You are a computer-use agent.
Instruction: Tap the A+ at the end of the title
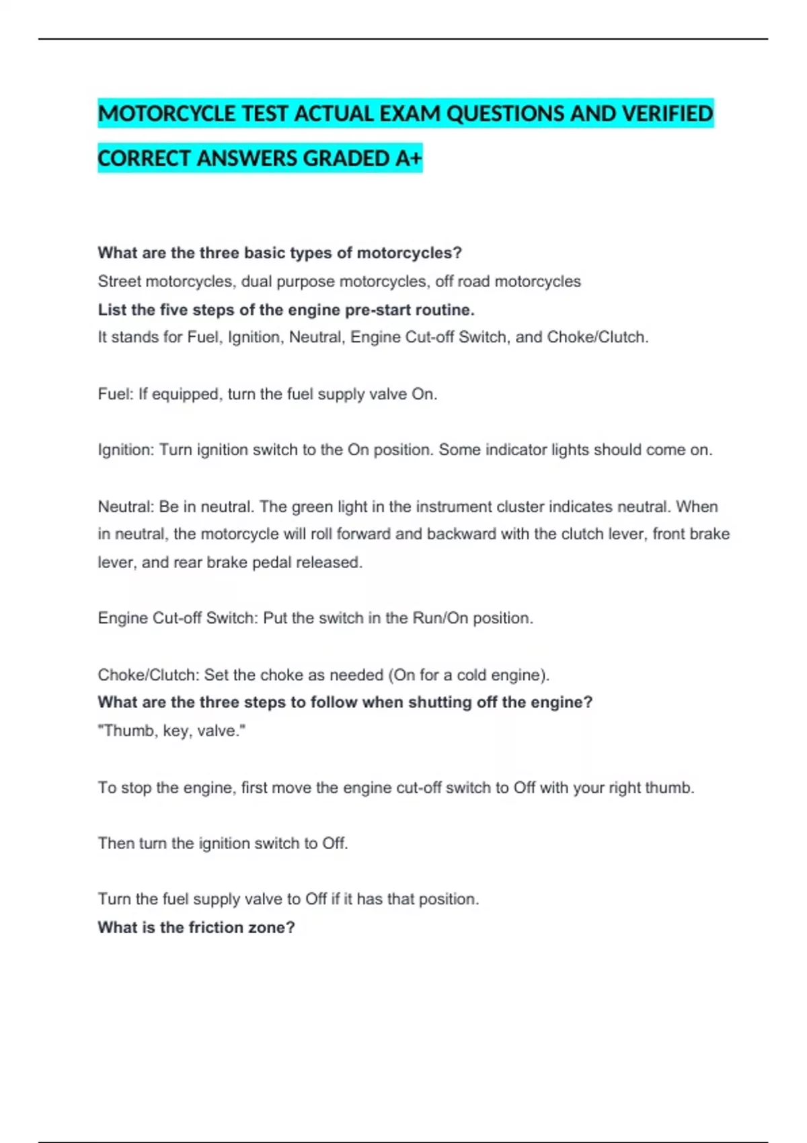[x=408, y=159]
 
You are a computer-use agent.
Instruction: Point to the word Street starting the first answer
[x=119, y=282]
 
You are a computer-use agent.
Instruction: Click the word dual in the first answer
[x=256, y=282]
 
